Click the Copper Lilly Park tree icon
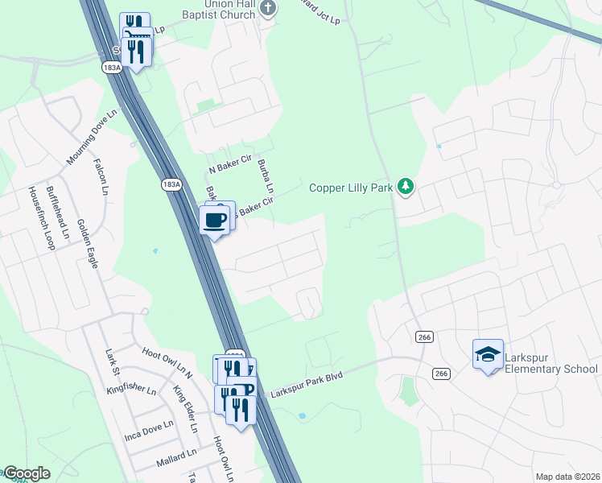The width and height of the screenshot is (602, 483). pos(406,188)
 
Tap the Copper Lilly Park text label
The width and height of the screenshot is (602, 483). pos(352,188)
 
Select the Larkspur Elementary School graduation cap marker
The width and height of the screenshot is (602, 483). pos(488,354)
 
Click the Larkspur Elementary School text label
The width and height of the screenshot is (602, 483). pos(551,362)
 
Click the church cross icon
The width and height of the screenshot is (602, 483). pos(269,9)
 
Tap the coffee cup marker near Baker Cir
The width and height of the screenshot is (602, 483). pos(214,221)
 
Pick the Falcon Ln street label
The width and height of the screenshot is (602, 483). pos(103,176)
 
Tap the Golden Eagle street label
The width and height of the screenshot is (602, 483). pos(88,243)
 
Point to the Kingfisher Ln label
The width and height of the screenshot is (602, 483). pos(131,390)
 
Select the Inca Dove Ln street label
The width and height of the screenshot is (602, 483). pos(149,430)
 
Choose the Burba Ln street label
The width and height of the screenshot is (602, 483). pos(266,177)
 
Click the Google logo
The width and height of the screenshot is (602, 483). pos(26,473)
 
